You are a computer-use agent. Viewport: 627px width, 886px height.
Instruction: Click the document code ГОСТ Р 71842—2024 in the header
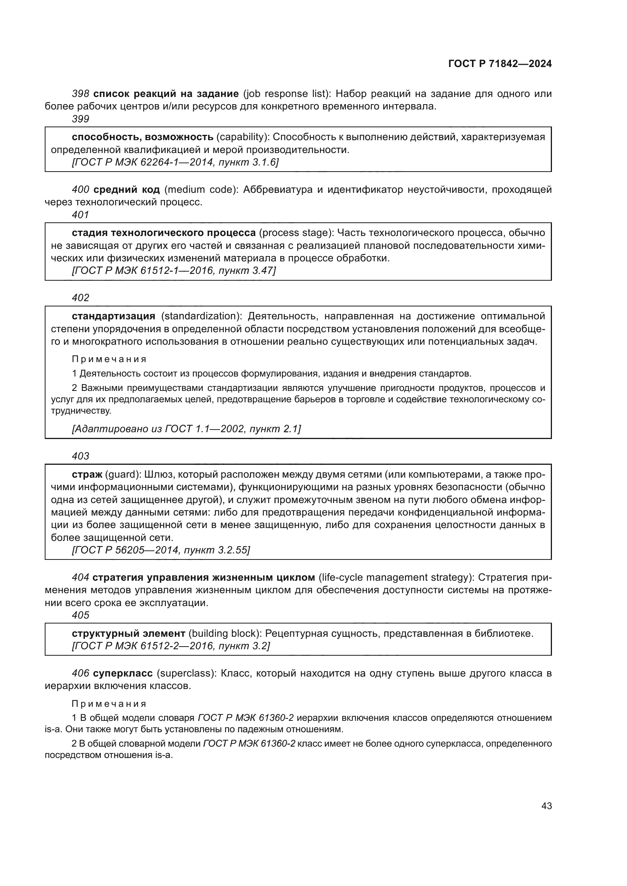[500, 64]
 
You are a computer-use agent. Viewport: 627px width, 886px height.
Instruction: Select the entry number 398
[81, 94]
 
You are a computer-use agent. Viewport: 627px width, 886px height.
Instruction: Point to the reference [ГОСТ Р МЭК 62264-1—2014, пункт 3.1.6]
[175, 163]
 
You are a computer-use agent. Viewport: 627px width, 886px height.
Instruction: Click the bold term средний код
[127, 189]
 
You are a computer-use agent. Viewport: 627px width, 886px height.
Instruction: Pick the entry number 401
[80, 215]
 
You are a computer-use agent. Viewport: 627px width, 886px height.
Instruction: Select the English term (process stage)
[296, 233]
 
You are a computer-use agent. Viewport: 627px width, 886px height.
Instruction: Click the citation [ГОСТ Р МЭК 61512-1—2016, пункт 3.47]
[174, 271]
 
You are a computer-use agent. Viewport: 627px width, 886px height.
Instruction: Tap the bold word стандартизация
[113, 316]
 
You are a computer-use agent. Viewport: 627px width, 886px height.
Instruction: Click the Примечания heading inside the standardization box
[109, 359]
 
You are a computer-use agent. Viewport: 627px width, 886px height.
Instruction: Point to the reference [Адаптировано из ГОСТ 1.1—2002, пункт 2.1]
[187, 429]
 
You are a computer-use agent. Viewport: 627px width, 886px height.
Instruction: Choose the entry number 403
[80, 456]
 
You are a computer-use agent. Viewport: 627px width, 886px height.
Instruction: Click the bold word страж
[87, 474]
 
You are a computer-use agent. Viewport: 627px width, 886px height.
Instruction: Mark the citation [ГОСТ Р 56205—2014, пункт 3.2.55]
[161, 550]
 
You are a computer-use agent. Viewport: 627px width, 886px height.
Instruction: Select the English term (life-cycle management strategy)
[397, 577]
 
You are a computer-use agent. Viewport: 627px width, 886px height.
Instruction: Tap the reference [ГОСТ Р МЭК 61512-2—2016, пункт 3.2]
[171, 646]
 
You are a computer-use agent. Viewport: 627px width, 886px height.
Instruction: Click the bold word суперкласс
[123, 673]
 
